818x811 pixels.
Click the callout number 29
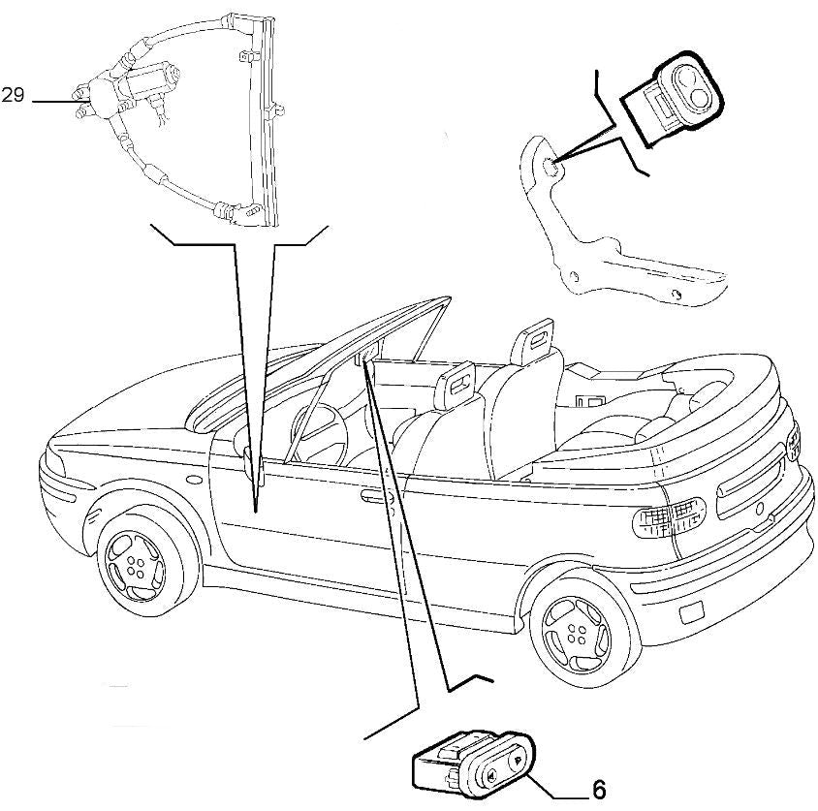[x=12, y=96]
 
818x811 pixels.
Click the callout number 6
[x=598, y=790]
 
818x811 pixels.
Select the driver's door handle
[x=371, y=499]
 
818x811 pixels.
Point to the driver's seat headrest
[x=461, y=380]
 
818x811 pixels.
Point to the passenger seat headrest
[x=541, y=340]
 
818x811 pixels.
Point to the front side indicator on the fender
[x=196, y=479]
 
